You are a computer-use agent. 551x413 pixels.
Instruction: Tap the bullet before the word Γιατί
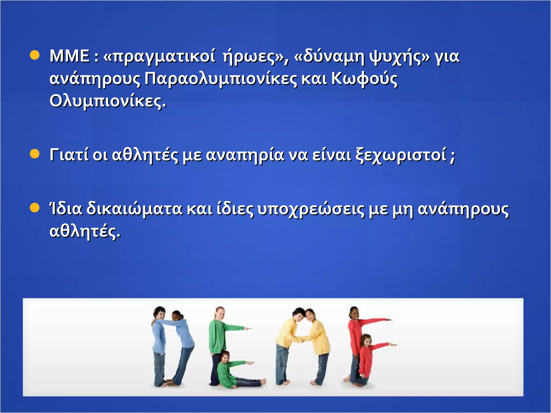[35, 154]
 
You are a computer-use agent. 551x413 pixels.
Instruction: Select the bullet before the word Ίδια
[35, 208]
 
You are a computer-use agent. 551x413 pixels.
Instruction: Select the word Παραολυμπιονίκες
[221, 79]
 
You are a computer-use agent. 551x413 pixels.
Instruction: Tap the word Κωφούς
[364, 79]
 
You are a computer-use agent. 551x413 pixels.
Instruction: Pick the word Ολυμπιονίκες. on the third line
[108, 101]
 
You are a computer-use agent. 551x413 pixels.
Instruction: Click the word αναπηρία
[245, 155]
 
